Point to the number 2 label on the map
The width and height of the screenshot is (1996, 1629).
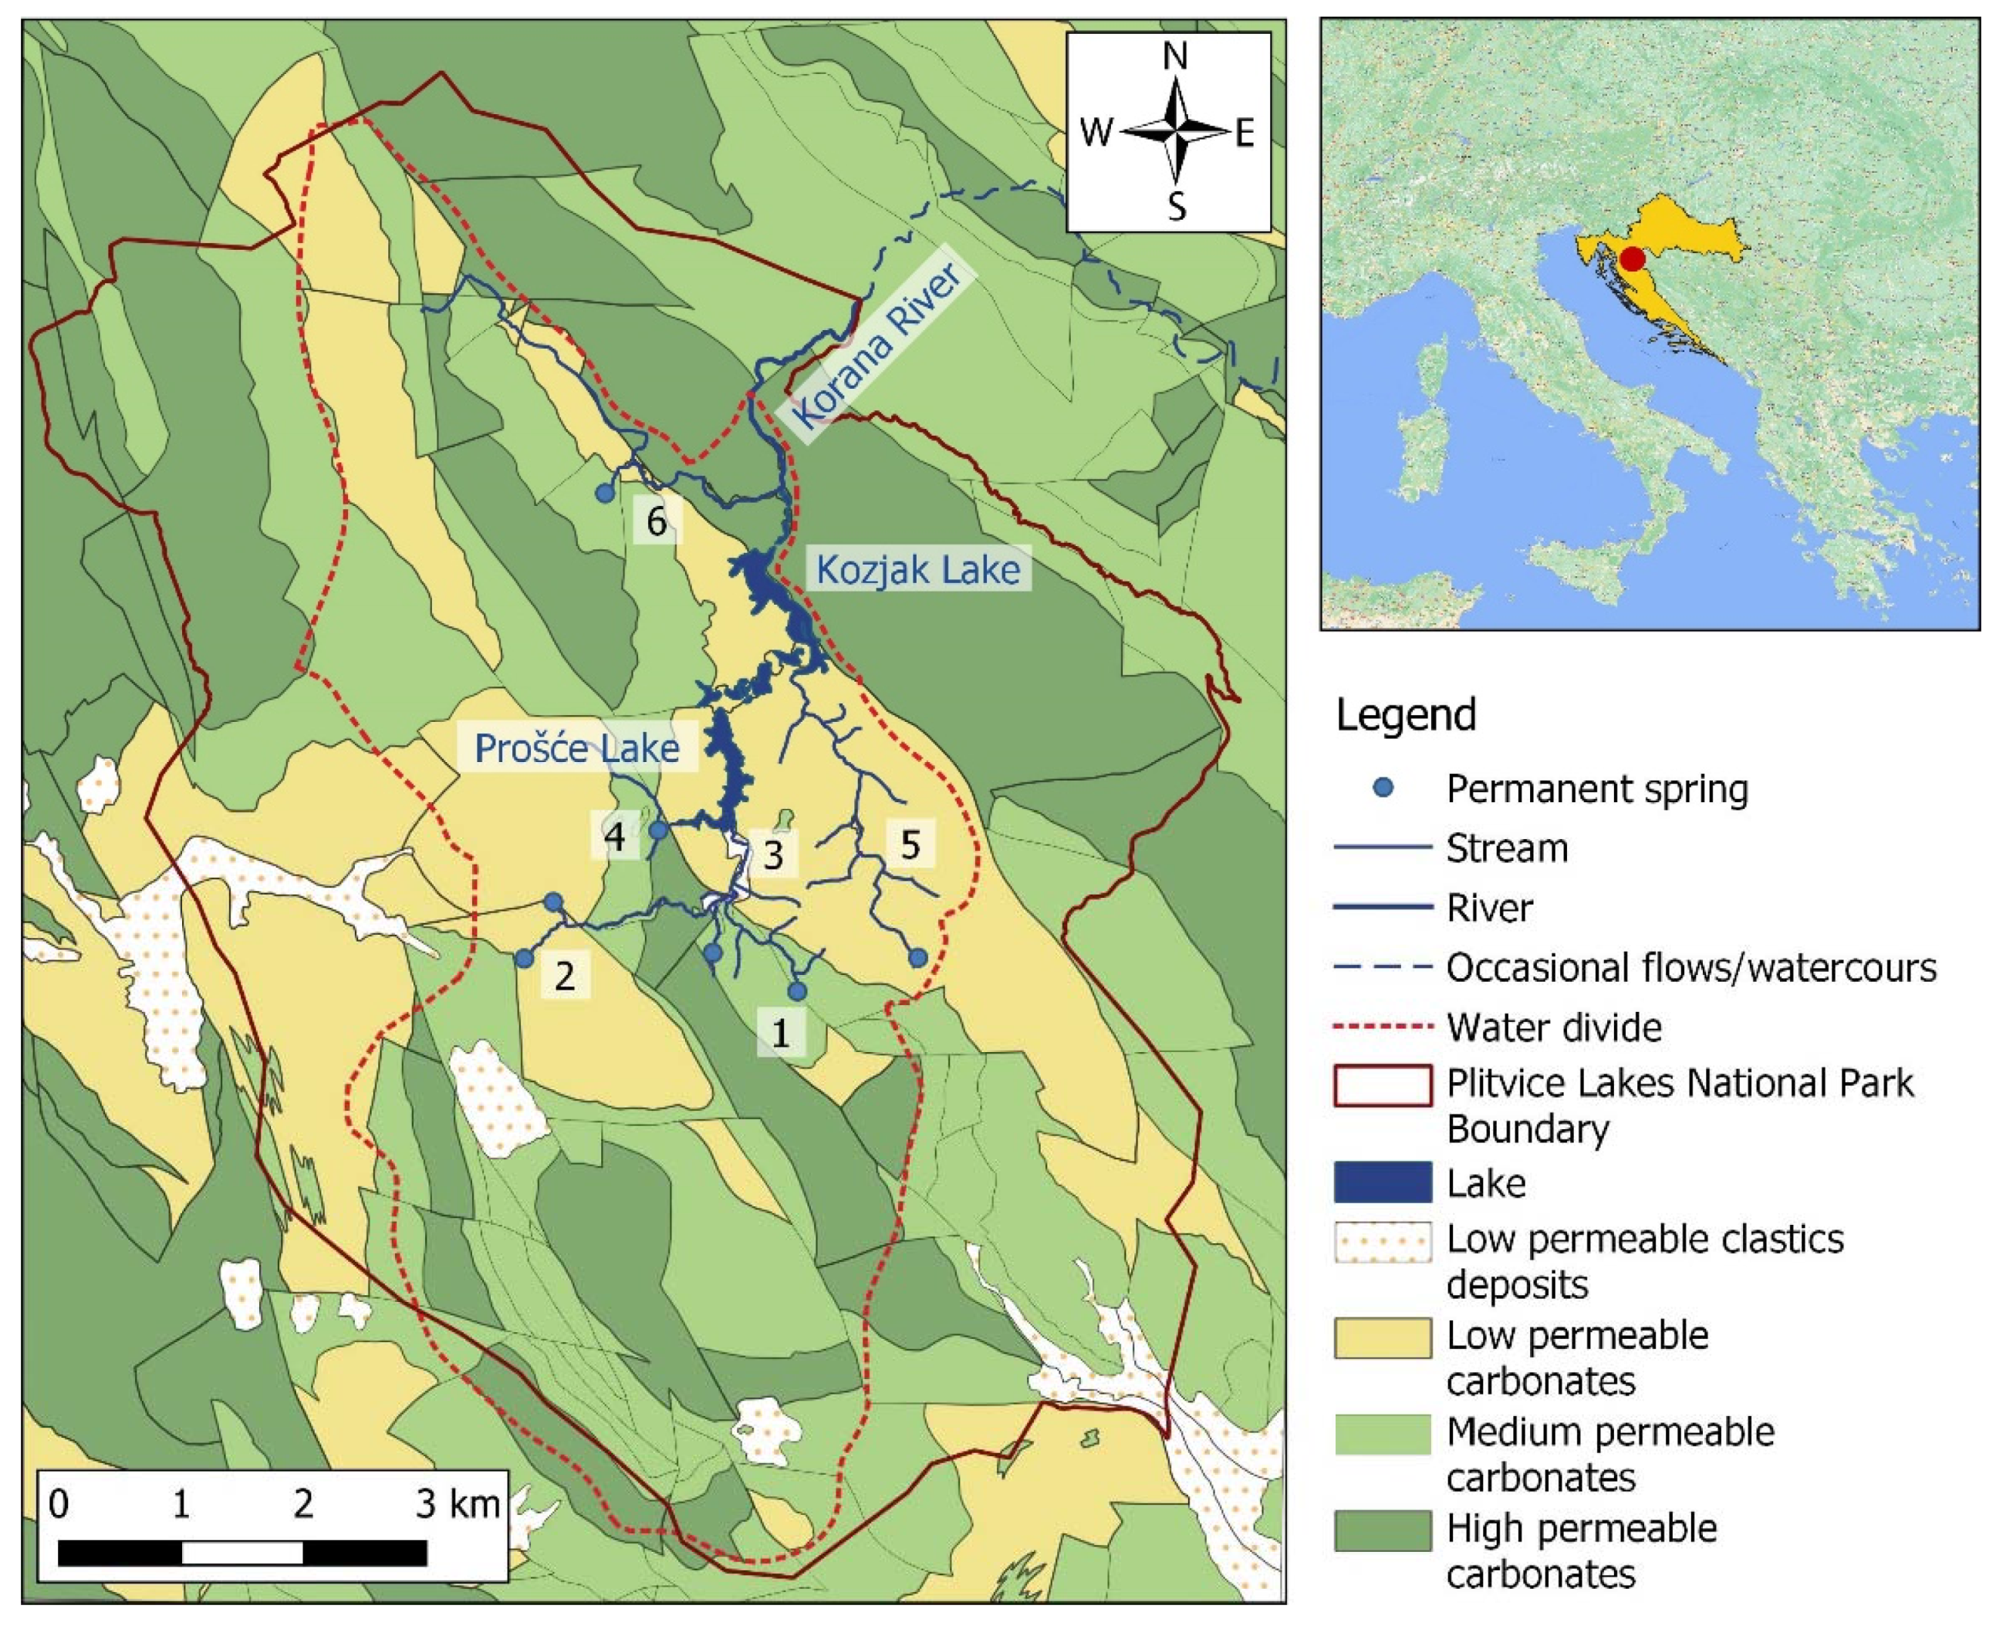pyautogui.click(x=564, y=975)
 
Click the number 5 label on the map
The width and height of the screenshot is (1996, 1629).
pyautogui.click(x=910, y=845)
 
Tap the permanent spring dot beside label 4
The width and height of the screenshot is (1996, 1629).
pyautogui.click(x=659, y=829)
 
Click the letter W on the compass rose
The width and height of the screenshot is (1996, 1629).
pyautogui.click(x=1095, y=133)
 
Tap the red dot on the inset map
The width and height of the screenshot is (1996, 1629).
pyautogui.click(x=1632, y=259)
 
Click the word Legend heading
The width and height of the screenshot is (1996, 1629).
pyautogui.click(x=1405, y=715)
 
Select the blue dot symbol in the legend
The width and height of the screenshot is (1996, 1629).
pyautogui.click(x=1383, y=788)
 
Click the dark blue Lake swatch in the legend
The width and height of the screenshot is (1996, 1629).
pyautogui.click(x=1383, y=1182)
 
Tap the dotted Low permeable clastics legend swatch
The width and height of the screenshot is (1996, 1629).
pyautogui.click(x=1383, y=1242)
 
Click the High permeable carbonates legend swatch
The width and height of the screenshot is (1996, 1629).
pyautogui.click(x=1383, y=1530)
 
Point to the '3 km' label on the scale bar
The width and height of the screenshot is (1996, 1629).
pyautogui.click(x=458, y=1503)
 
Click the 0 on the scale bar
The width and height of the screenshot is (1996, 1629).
pyautogui.click(x=58, y=1503)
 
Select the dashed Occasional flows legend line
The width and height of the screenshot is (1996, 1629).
pyautogui.click(x=1383, y=966)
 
